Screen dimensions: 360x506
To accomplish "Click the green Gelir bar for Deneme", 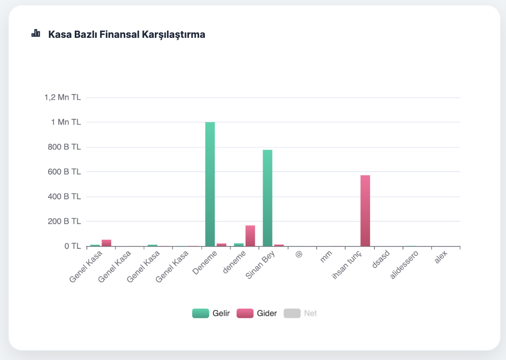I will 210,184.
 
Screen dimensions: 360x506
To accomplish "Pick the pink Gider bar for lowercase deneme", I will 250,236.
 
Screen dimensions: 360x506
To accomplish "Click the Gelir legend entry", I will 211,313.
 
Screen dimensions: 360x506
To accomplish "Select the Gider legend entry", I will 257,313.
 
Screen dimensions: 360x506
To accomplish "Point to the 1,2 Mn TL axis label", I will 63,98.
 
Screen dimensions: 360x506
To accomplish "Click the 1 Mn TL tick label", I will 66,122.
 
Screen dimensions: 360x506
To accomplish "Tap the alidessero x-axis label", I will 404,268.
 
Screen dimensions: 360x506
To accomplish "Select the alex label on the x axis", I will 441,258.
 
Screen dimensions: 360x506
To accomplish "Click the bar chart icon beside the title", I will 36,33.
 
